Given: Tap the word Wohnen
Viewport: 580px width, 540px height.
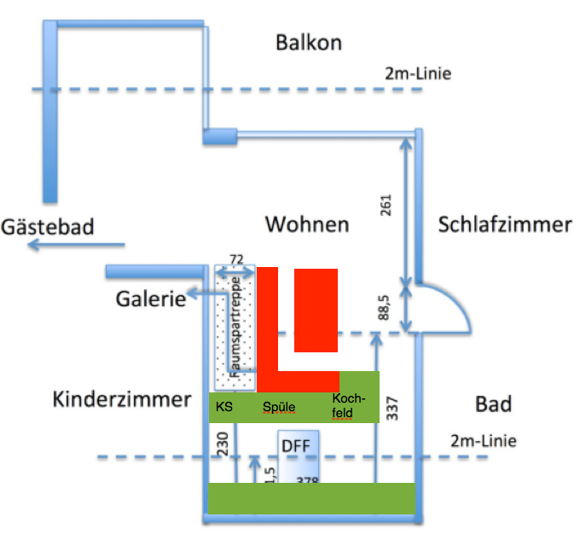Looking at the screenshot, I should pyautogui.click(x=307, y=225).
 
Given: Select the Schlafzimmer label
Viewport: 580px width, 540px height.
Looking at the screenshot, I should pyautogui.click(x=504, y=225).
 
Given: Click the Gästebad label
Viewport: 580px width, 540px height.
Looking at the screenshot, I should pyautogui.click(x=48, y=228).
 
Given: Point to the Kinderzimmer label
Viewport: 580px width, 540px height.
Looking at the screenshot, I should pyautogui.click(x=121, y=399).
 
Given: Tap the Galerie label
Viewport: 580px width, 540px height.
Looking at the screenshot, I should pyautogui.click(x=151, y=299).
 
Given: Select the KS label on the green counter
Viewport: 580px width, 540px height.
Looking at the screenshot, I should pyautogui.click(x=224, y=407).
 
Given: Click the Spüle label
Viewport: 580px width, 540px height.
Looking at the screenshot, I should pyautogui.click(x=279, y=408).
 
